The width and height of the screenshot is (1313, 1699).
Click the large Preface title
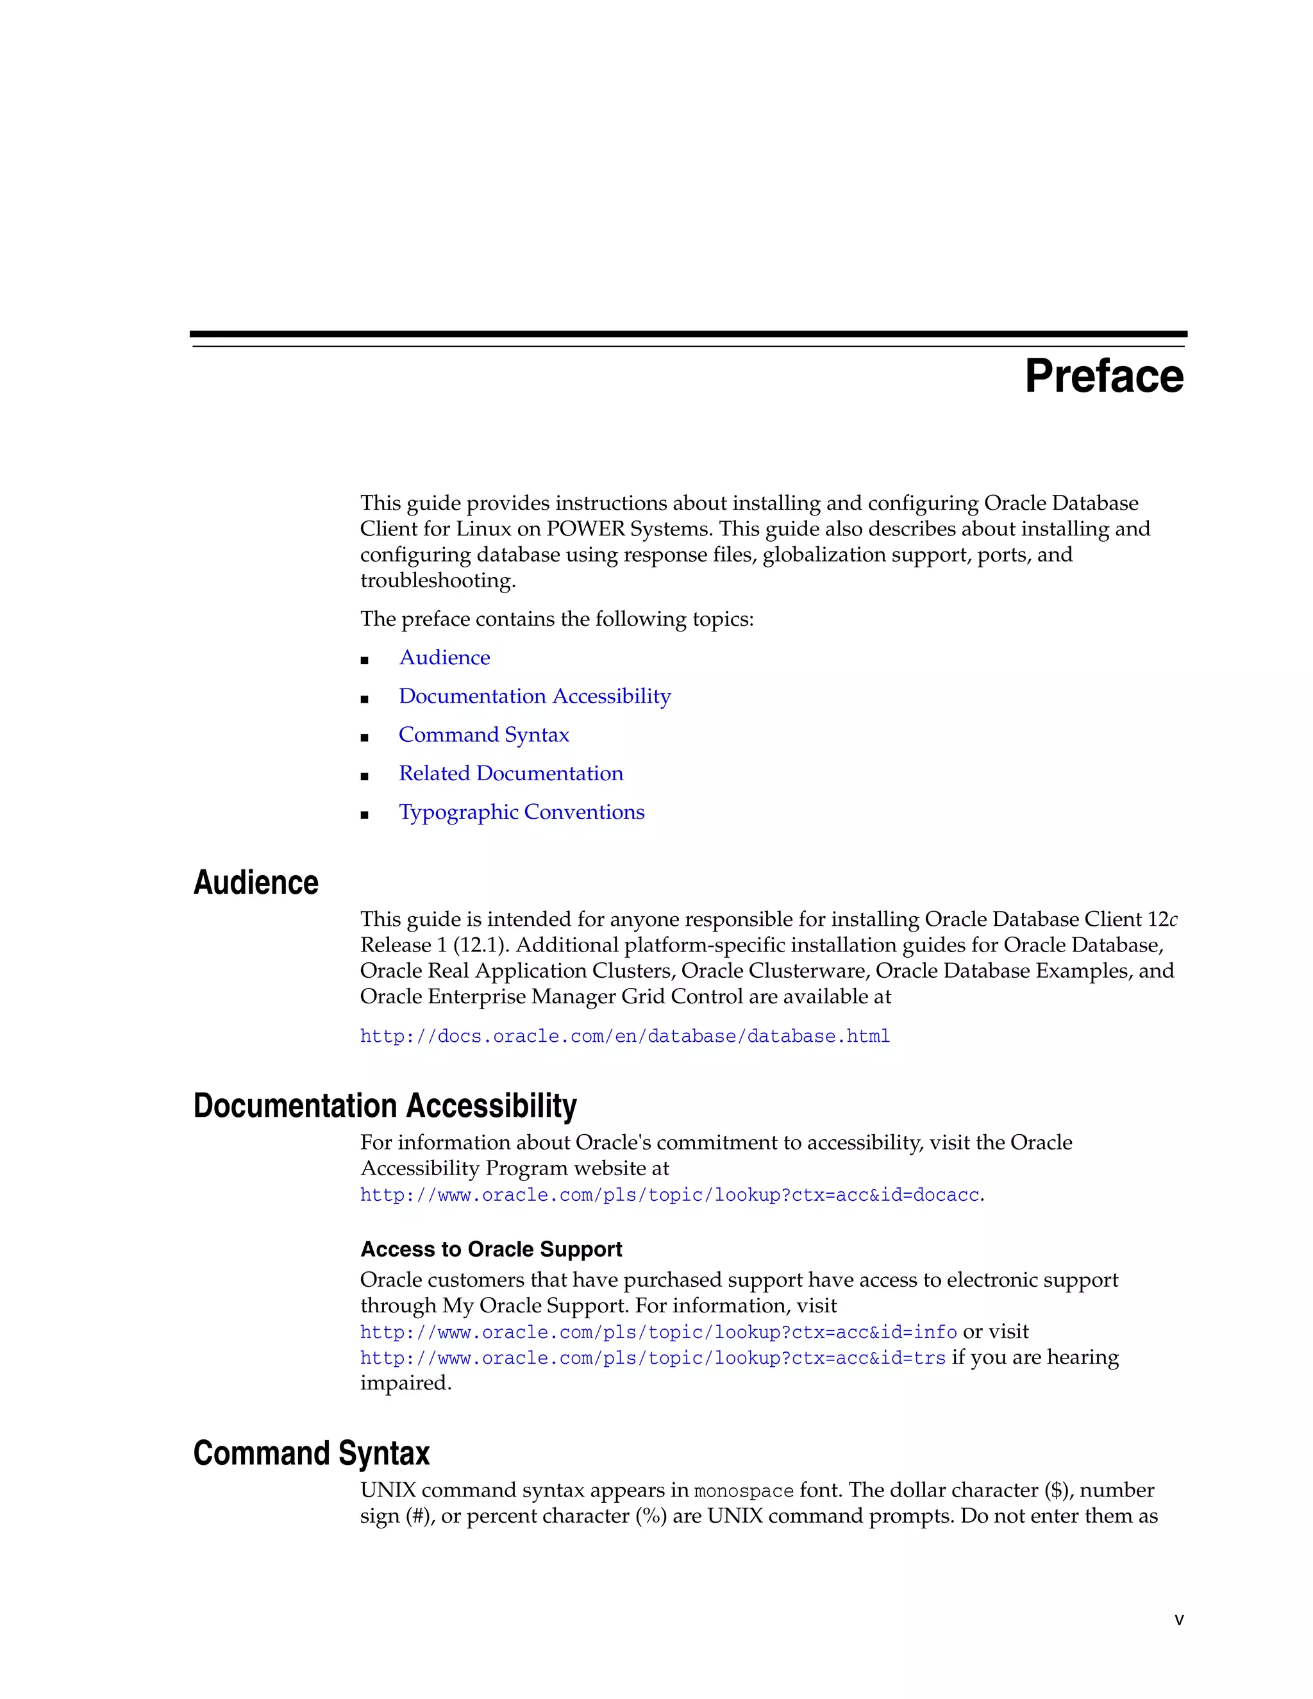[x=1104, y=376]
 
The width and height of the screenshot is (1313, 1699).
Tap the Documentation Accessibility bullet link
[x=535, y=696]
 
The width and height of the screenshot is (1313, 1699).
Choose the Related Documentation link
[x=510, y=773]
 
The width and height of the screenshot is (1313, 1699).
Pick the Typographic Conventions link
[x=521, y=812]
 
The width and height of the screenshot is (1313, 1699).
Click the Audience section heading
[x=255, y=883]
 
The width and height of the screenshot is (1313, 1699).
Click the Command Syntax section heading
[x=311, y=1453]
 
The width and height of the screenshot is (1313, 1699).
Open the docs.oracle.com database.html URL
[x=624, y=1036]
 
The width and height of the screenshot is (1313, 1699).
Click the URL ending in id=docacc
[x=669, y=1195]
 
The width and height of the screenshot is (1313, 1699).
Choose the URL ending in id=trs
[x=653, y=1359]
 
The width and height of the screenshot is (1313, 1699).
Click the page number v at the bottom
[x=1179, y=1619]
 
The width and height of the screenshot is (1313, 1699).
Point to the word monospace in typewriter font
[x=743, y=1491]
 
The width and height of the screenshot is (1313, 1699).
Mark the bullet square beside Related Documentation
[x=364, y=776]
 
